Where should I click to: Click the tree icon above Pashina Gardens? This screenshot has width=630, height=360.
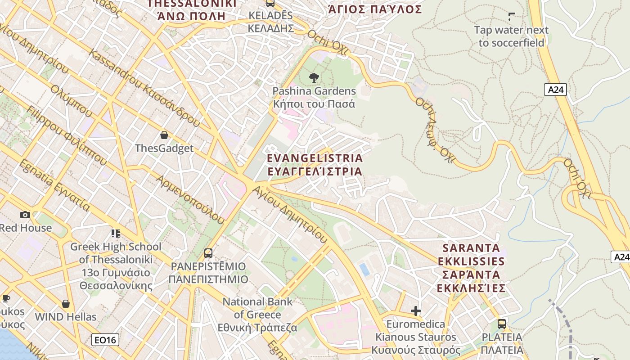314,78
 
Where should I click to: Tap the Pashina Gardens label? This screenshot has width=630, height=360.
314,98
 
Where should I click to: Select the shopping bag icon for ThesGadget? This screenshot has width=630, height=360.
164,135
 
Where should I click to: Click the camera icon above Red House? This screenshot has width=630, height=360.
25,215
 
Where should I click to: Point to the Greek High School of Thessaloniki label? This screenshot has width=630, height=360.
116,260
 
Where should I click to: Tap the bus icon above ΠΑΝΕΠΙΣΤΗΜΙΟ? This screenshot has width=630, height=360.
208,253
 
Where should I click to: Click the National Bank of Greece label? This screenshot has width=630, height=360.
257,315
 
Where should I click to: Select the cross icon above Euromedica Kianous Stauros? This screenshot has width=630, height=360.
416,311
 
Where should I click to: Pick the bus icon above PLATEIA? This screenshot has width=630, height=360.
502,324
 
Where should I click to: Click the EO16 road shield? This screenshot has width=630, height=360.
105,340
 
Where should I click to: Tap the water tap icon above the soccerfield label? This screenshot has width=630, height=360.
512,17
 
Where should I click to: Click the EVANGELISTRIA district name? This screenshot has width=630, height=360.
315,165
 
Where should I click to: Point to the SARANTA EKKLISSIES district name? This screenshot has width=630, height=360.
471,268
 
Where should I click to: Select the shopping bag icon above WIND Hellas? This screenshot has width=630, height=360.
66,304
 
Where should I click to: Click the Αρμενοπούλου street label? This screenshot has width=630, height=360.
190,199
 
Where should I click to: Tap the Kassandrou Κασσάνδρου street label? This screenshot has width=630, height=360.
144,88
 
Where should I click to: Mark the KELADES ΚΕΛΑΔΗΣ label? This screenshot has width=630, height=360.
271,22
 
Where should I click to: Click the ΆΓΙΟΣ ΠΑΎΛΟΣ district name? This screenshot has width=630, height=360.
375,9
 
